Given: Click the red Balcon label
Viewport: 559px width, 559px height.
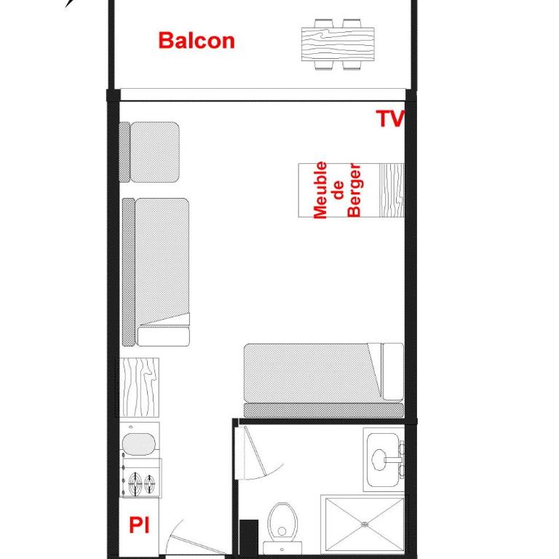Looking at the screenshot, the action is [197, 41].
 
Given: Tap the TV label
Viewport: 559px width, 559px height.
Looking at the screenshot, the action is [390, 119].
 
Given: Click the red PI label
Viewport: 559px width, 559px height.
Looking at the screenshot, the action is [139, 525].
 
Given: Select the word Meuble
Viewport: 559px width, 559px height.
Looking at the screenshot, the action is [320, 190].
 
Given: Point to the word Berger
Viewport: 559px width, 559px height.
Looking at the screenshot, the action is [354, 190].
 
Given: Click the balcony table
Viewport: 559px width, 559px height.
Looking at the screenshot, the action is [338, 44].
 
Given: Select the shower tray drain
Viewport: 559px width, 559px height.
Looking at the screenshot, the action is [365, 524].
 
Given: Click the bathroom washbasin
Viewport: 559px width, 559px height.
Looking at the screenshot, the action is [384, 459].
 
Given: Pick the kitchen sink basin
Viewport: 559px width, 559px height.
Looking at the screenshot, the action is [139, 444].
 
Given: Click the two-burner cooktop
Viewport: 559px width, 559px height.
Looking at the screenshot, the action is [141, 479].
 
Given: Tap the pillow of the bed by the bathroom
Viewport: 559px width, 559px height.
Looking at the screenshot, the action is [392, 371].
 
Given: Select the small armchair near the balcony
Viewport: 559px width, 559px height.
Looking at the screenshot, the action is [149, 152].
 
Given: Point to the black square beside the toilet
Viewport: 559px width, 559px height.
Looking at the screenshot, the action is [249, 537].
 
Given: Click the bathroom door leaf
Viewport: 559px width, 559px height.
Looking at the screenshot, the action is [255, 453].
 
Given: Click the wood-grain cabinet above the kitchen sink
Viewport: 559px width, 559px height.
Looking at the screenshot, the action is [139, 387].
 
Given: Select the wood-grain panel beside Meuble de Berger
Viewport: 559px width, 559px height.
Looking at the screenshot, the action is [392, 190].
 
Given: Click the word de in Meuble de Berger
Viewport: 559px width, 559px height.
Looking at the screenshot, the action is [338, 190].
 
